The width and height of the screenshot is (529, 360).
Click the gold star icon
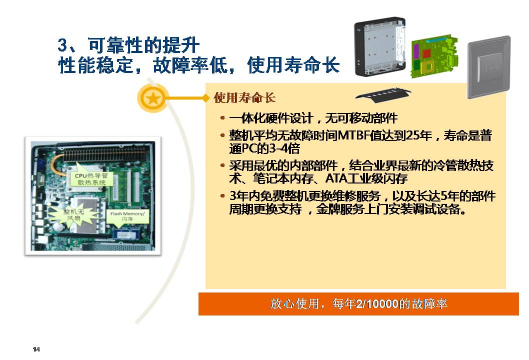[x=153, y=98]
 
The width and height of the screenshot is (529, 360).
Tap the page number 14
[x=36, y=349]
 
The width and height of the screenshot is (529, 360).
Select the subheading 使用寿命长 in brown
[x=244, y=98]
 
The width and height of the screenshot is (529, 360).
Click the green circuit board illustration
[x=434, y=55]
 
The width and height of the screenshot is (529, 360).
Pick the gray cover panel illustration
[x=488, y=67]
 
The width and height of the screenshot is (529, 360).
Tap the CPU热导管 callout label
[x=91, y=179]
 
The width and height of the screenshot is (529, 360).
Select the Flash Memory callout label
[x=127, y=216]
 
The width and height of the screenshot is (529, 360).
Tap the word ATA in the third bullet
[x=336, y=178]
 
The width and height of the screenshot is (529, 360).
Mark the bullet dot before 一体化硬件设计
[x=222, y=118]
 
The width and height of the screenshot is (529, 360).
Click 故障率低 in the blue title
[x=190, y=65]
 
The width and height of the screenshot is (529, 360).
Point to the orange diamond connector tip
[x=205, y=98]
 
